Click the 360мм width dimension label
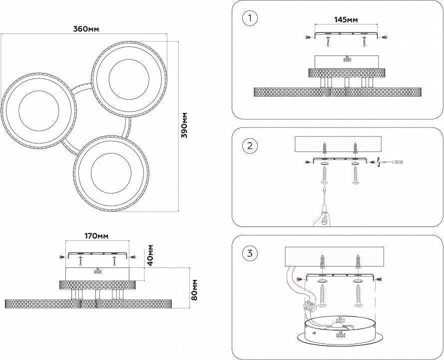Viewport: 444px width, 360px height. click(86, 29)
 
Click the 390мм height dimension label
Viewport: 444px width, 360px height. click(184, 125)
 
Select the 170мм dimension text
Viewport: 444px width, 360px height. click(96, 235)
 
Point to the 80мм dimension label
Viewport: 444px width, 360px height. click(194, 290)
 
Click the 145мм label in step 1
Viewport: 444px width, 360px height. click(346, 20)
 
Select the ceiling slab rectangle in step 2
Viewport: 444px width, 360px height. click(338, 145)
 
